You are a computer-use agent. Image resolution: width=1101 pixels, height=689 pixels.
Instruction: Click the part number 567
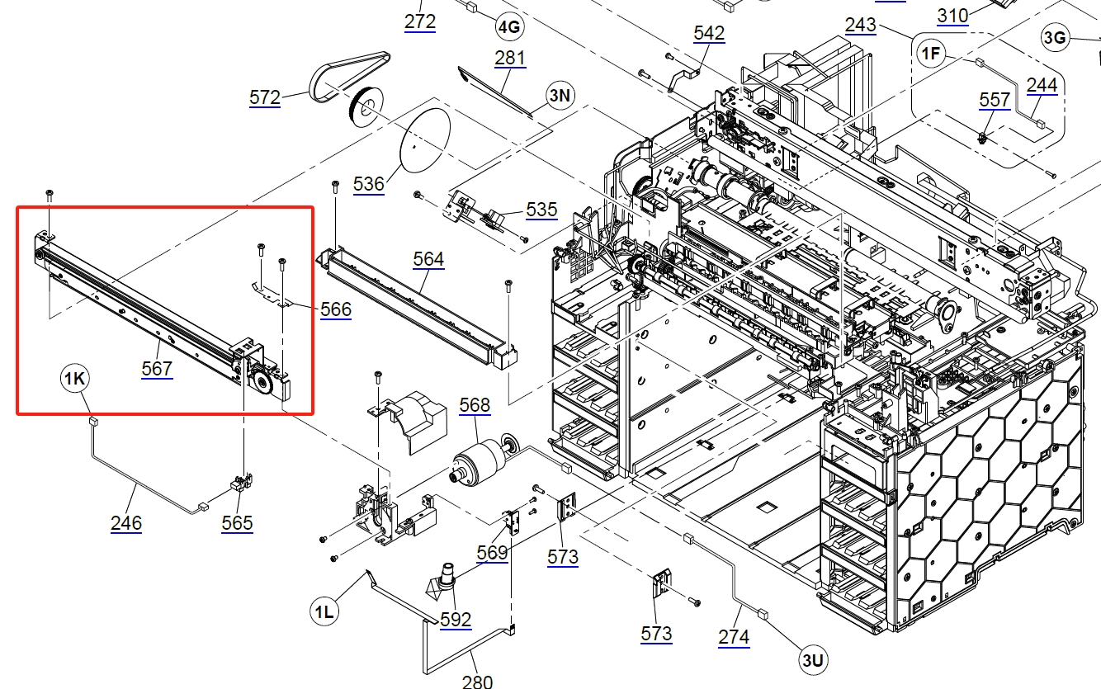[x=157, y=367]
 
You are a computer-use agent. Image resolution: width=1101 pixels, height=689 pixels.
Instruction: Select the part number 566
[x=336, y=309]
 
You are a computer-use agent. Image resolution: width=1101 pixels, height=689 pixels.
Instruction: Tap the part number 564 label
[x=428, y=259]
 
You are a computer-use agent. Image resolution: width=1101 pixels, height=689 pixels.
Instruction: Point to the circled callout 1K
[x=75, y=379]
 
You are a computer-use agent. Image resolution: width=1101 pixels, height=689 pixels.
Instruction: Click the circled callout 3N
[x=560, y=95]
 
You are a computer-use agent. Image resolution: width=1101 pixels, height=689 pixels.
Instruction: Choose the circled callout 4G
[x=508, y=26]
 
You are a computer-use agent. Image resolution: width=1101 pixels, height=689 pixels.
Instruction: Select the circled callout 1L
[x=324, y=611]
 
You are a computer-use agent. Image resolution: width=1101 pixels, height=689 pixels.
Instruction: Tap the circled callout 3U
[x=812, y=659]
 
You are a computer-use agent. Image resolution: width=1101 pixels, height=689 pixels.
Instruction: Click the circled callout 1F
[x=931, y=54]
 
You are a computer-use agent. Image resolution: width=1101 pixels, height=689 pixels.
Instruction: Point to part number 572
[x=265, y=97]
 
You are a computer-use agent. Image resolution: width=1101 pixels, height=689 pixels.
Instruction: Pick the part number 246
[x=126, y=522]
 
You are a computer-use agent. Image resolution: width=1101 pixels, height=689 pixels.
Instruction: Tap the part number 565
[x=237, y=523]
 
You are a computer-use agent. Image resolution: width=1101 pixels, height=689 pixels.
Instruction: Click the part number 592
[x=456, y=619]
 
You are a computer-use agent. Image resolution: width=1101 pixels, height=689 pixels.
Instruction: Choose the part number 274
[x=734, y=636]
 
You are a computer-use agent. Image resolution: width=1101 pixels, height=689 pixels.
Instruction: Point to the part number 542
[x=709, y=33]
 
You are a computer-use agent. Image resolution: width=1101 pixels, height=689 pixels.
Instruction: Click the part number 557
[x=995, y=100]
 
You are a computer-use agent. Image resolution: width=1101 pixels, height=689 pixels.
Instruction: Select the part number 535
[x=541, y=210]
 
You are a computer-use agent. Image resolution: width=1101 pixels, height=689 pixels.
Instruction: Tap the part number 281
[x=510, y=59]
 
